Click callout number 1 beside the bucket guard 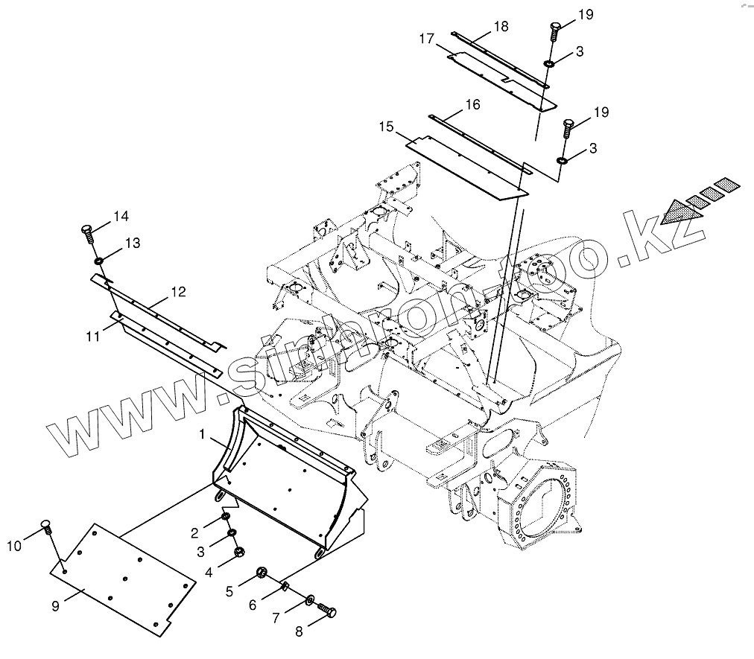202,432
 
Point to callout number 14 121,217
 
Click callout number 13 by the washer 132,243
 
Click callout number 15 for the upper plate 407,127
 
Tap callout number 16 472,105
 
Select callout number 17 426,39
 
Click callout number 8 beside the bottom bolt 299,631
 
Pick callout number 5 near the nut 229,591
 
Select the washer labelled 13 98,261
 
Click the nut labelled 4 239,552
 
